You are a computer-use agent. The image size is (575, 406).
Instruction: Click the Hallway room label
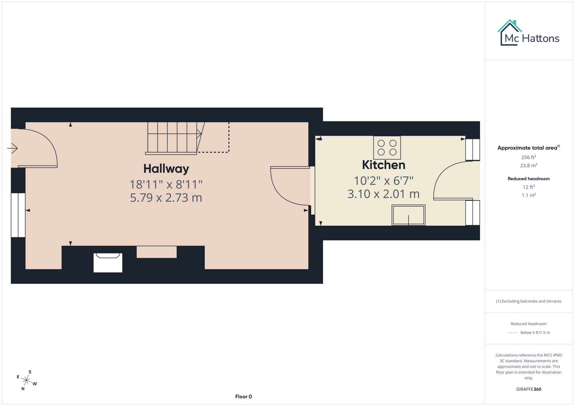click(166, 169)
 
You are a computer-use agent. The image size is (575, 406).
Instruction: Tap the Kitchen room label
click(383, 165)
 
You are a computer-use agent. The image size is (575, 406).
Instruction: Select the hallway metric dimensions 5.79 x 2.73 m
click(166, 198)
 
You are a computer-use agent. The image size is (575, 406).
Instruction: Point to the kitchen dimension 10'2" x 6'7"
click(383, 181)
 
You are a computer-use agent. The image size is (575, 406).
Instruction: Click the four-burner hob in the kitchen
click(387, 148)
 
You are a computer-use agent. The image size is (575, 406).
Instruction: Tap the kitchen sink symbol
click(409, 215)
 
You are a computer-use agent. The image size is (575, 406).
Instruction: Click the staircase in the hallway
click(172, 138)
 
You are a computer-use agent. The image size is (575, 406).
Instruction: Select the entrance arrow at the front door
click(12, 148)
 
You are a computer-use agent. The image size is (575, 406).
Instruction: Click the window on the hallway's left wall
click(18, 215)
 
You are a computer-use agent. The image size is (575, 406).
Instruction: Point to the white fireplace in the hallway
click(108, 262)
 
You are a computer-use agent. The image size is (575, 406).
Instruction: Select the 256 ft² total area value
click(529, 158)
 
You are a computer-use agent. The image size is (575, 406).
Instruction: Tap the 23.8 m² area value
click(529, 165)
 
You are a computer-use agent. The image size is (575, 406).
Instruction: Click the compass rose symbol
click(26, 380)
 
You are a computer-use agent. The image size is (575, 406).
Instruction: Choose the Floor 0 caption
click(244, 397)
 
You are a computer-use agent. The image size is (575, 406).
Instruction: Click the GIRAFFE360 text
click(529, 389)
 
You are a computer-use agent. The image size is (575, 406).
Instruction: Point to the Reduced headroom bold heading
click(529, 179)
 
